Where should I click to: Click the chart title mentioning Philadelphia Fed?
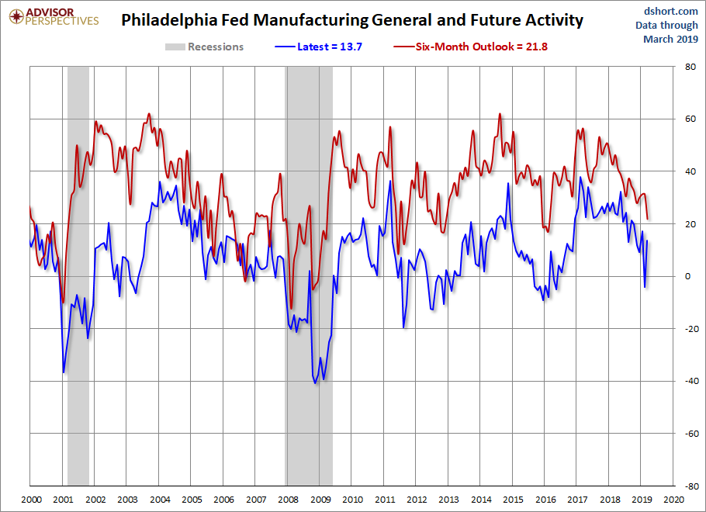(351, 19)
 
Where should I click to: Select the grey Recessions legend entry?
(205, 47)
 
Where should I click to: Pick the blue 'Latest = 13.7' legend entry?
(320, 47)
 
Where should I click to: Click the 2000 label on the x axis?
(31, 500)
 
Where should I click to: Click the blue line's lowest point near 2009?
(315, 383)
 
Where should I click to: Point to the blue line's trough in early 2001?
(64, 372)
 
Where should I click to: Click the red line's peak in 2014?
(500, 114)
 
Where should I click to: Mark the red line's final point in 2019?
(648, 219)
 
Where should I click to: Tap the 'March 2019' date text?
(670, 39)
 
